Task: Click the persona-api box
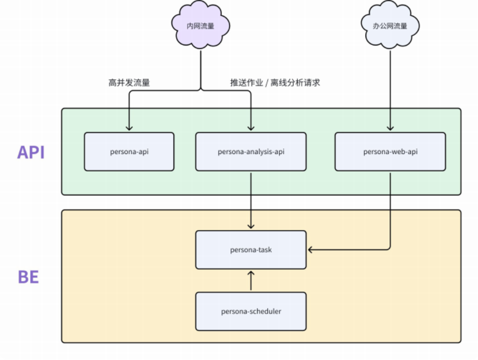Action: coord(129,151)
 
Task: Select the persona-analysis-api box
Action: coord(250,151)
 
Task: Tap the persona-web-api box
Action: coord(390,151)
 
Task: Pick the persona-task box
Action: coord(250,249)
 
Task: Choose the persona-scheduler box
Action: coord(250,311)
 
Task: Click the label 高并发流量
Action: coord(129,83)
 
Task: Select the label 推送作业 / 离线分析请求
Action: coord(275,83)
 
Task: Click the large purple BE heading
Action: coord(28,277)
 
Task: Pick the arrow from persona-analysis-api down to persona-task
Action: coord(250,200)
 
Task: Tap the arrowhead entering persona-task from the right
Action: coord(311,249)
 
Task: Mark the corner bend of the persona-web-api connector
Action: coord(390,249)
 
